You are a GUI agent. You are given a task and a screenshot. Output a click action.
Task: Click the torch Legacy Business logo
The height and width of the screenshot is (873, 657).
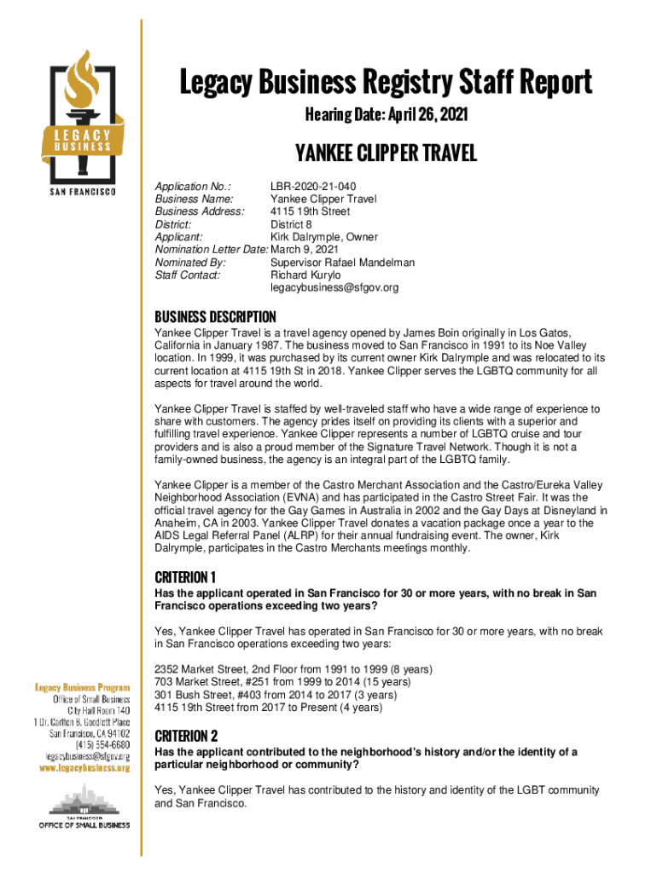84,116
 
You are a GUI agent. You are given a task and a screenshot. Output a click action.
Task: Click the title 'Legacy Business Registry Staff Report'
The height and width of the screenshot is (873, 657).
386,83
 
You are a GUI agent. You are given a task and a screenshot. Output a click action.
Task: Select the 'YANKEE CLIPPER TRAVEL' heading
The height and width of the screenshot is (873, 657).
386,153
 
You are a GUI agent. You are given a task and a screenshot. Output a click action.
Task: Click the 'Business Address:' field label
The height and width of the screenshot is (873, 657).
199,211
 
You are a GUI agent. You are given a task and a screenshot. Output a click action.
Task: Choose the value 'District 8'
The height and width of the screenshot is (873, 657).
291,224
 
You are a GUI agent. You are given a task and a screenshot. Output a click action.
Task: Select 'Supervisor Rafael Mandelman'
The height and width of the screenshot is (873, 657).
342,263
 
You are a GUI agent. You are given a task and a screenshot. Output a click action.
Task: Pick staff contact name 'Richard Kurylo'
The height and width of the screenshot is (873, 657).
305,275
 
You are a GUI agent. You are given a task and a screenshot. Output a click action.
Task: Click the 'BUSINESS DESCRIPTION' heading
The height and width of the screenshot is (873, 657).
215,316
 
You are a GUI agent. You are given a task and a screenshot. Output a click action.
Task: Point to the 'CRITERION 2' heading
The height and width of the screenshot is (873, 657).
186,735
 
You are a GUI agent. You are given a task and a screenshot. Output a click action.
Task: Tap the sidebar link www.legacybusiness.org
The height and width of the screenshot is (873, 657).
82,768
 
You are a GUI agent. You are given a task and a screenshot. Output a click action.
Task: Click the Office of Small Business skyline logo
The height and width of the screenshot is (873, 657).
84,807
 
